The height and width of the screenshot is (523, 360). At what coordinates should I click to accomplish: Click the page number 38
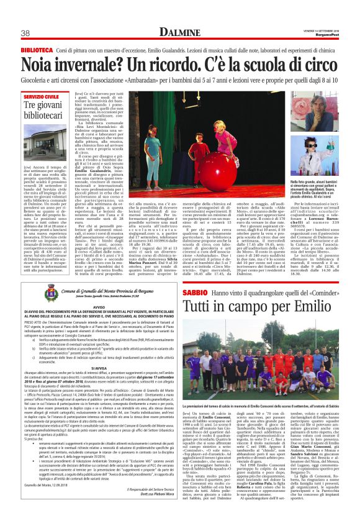[x=26, y=32]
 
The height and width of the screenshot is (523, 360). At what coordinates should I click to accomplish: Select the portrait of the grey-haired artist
[x=310, y=112]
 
